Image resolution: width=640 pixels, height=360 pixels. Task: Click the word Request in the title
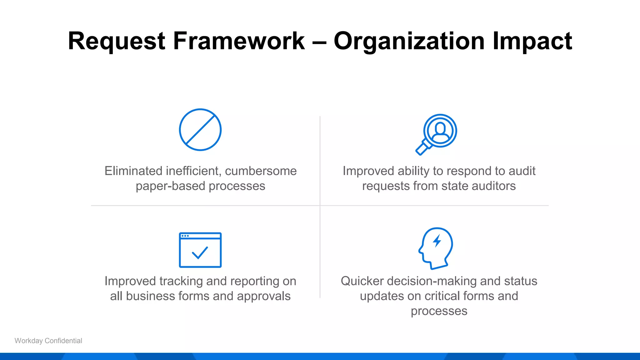tap(116, 41)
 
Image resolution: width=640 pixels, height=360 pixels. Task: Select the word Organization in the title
tap(409, 41)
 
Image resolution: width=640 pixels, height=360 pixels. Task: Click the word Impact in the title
tap(532, 41)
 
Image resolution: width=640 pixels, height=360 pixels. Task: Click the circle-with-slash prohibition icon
tap(200, 130)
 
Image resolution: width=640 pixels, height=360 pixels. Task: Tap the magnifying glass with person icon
tap(437, 134)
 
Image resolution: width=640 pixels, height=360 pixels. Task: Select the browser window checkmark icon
tap(200, 250)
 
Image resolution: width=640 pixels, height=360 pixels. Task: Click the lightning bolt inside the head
tap(437, 241)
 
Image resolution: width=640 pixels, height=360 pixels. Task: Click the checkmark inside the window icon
tap(200, 253)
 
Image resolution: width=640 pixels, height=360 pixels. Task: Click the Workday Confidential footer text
tap(48, 341)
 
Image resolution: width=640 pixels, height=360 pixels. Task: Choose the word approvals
tap(263, 296)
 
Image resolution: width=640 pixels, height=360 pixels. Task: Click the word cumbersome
tap(261, 171)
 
